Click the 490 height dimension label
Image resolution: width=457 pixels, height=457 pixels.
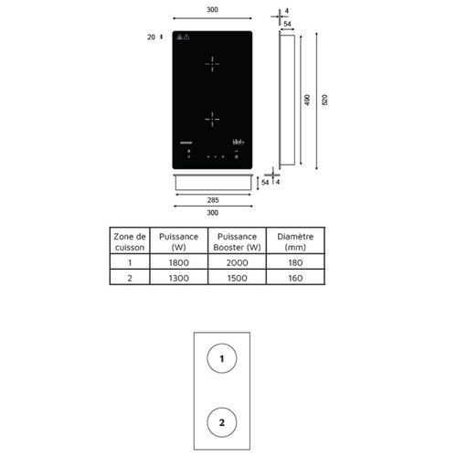[x=306, y=101]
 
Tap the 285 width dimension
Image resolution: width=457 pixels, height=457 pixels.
[x=211, y=198]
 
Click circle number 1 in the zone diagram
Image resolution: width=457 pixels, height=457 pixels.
[x=221, y=360]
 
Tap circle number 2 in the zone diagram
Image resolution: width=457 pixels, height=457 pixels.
[x=221, y=422]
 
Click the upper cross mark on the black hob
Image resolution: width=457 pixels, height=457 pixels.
[x=212, y=64]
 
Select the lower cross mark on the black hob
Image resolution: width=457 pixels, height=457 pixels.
[x=212, y=118]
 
